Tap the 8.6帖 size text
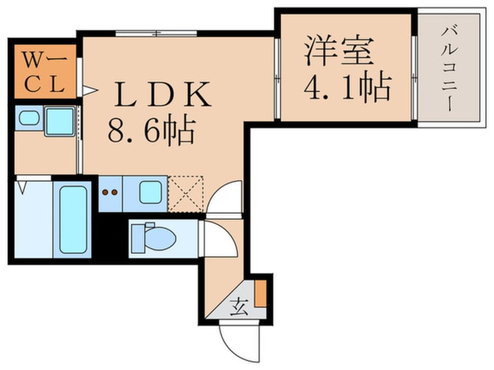151,132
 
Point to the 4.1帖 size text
346,88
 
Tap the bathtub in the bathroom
71,218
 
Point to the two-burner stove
109,192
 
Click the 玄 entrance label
240,305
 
